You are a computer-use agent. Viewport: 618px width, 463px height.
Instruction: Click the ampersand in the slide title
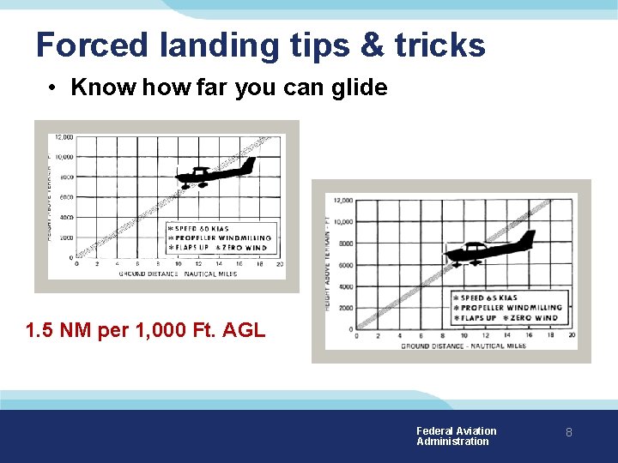pos(372,45)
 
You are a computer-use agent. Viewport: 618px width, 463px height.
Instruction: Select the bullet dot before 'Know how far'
pos(53,87)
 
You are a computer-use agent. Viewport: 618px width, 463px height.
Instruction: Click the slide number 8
pos(568,433)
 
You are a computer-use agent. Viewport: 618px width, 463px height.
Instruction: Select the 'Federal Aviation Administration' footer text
pos(456,436)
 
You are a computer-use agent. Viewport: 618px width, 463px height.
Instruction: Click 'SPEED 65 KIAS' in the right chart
pos(489,298)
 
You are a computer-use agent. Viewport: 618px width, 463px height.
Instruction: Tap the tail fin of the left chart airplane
pos(248,163)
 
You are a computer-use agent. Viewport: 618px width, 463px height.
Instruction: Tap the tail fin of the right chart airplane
pos(529,237)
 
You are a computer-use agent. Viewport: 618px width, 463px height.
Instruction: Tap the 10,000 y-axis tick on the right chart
pos(342,222)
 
